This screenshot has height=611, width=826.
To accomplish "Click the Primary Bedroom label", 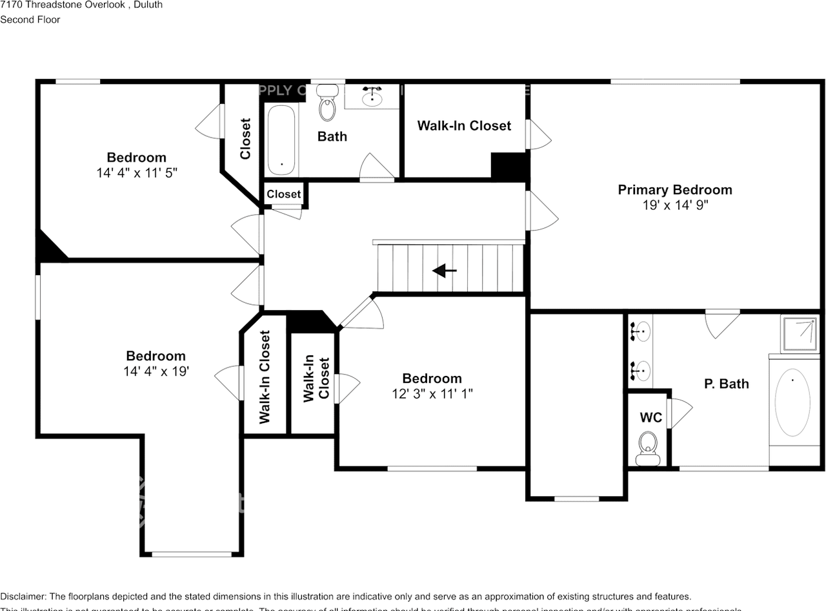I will point(675,190).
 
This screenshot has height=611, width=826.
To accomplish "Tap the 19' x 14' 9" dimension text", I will point(675,205).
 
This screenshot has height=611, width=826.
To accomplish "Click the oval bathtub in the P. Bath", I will point(792,403).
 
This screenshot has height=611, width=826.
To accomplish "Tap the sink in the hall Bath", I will point(372,98).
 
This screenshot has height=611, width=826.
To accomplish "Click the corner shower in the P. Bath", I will point(800,333).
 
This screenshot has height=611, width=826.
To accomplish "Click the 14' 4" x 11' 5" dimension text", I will point(137,173).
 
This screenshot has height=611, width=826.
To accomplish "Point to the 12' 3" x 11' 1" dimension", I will point(432,394).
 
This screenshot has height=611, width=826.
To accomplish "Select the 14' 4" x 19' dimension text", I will point(156,371).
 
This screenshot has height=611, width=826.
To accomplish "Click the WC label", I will point(650,418).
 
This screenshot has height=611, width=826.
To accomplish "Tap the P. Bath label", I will point(726,384).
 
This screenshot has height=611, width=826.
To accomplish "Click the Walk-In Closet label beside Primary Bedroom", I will point(464,126).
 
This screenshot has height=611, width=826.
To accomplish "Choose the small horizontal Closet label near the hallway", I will point(284,194).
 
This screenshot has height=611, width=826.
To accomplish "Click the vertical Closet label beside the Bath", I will point(245,138).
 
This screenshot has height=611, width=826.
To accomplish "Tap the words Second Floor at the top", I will point(30,19).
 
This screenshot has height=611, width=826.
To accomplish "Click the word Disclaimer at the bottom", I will point(23,596).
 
